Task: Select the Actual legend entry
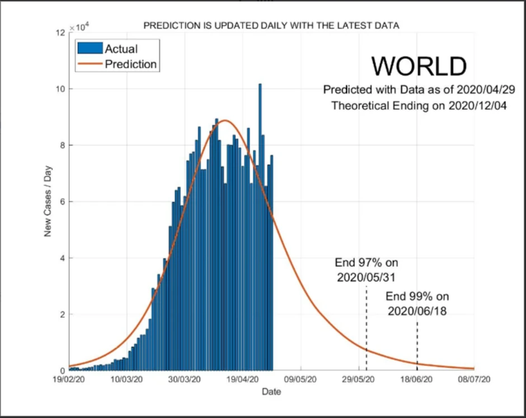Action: (x=121, y=49)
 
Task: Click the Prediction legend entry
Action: (x=130, y=64)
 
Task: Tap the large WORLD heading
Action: (x=419, y=66)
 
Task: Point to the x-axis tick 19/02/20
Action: (x=69, y=379)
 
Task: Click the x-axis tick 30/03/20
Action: (x=185, y=379)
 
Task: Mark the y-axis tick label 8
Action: (x=64, y=145)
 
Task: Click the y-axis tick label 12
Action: (x=62, y=33)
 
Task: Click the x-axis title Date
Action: (x=271, y=392)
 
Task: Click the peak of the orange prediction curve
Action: (x=225, y=120)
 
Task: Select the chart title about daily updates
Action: (x=271, y=25)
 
